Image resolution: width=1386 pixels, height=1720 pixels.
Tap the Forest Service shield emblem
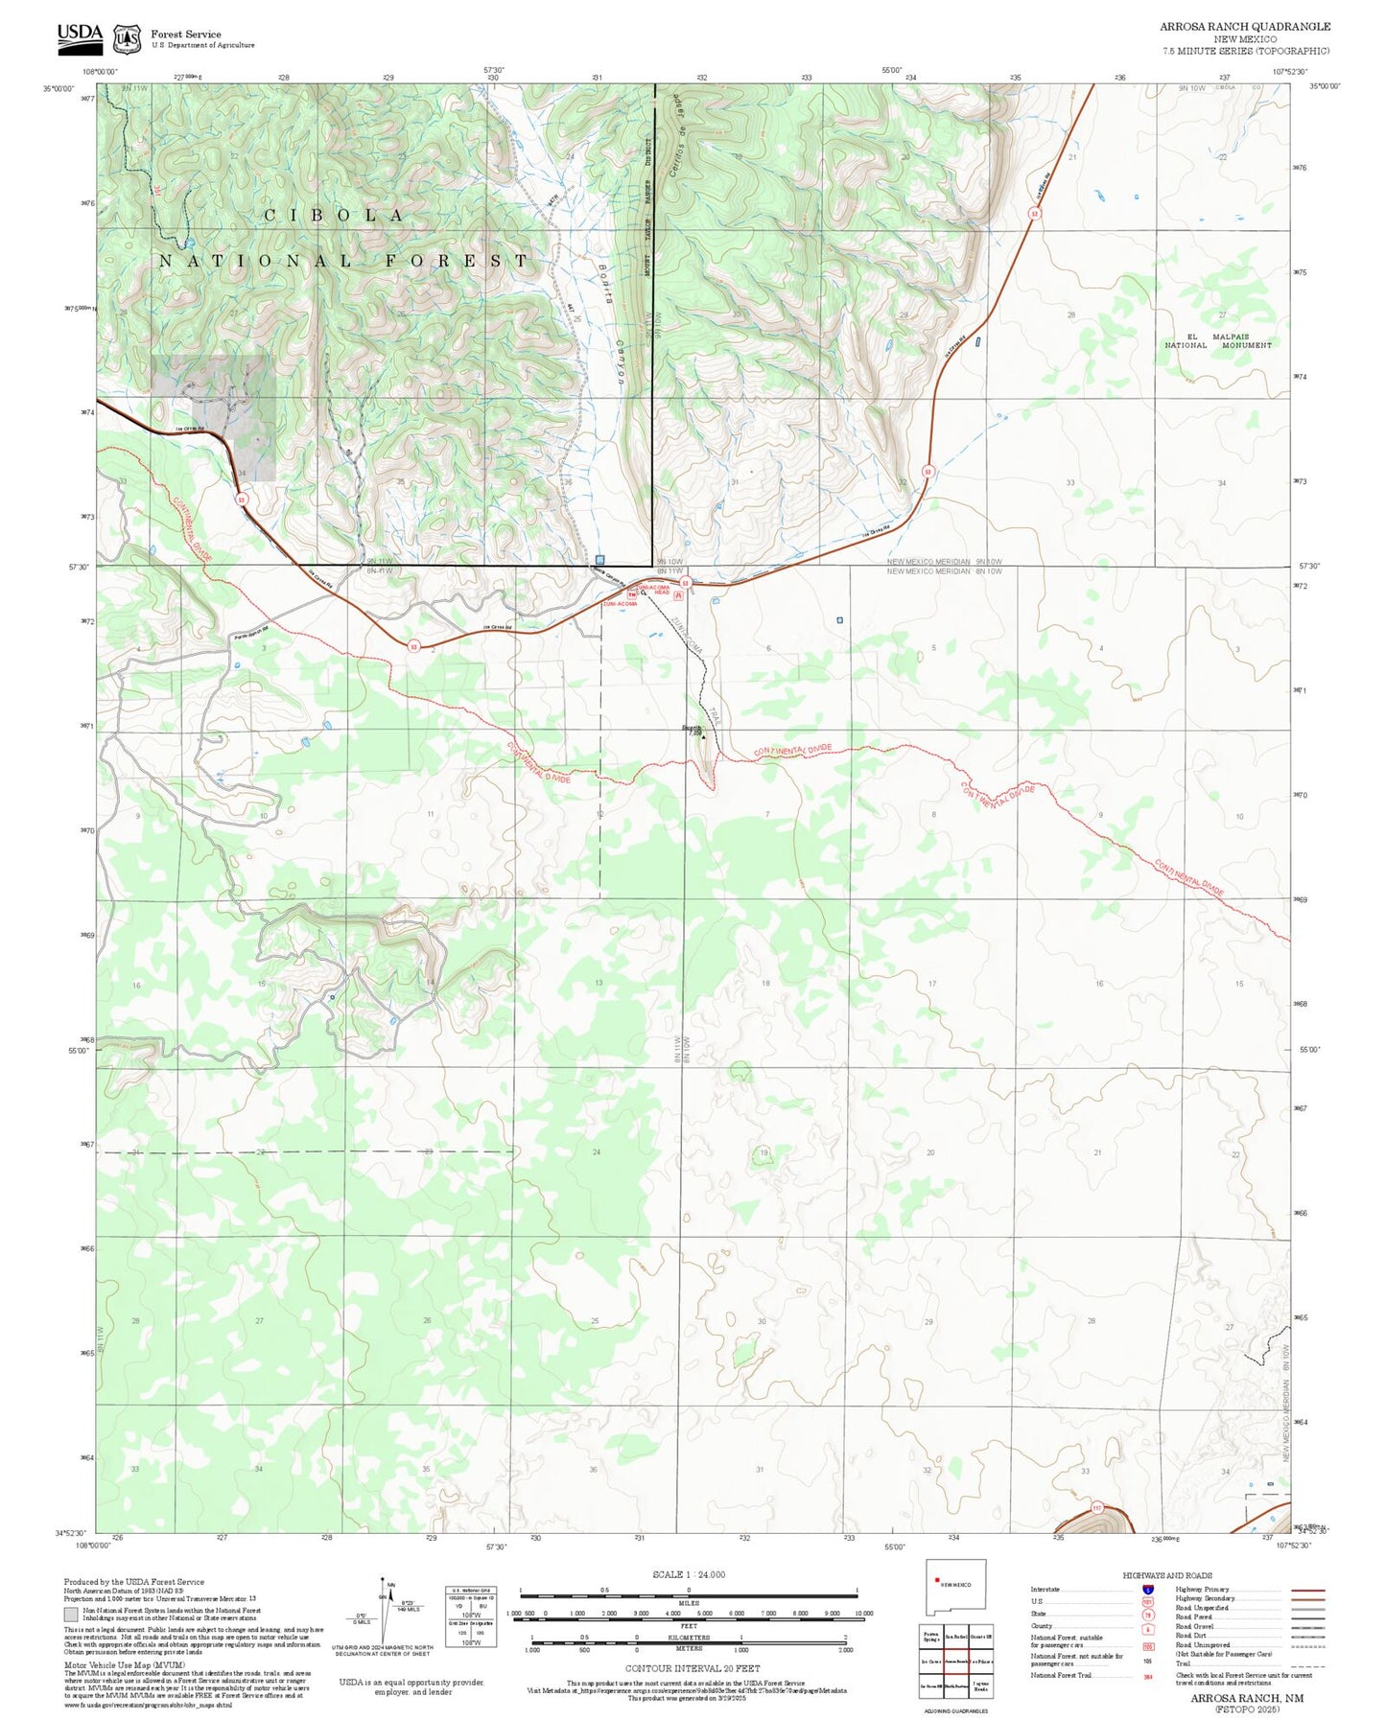point(127,39)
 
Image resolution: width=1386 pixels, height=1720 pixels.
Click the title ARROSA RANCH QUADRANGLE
point(1245,26)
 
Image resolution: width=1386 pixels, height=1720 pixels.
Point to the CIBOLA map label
point(335,216)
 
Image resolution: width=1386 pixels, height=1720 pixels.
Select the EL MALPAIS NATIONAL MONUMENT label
point(1217,341)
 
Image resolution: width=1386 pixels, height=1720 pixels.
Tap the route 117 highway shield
point(1097,1508)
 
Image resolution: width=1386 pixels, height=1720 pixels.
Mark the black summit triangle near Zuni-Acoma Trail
point(703,737)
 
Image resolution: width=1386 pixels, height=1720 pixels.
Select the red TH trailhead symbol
point(632,594)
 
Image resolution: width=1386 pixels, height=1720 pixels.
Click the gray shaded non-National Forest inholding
point(213,417)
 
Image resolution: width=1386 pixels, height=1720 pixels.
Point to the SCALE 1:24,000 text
point(688,1574)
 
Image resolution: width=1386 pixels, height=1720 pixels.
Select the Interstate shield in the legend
point(1147,1589)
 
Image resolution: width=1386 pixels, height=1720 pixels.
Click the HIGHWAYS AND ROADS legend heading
point(1166,1575)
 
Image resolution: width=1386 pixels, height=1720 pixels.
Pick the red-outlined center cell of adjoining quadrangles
point(955,1662)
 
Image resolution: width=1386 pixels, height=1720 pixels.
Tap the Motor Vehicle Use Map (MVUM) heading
point(124,1665)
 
